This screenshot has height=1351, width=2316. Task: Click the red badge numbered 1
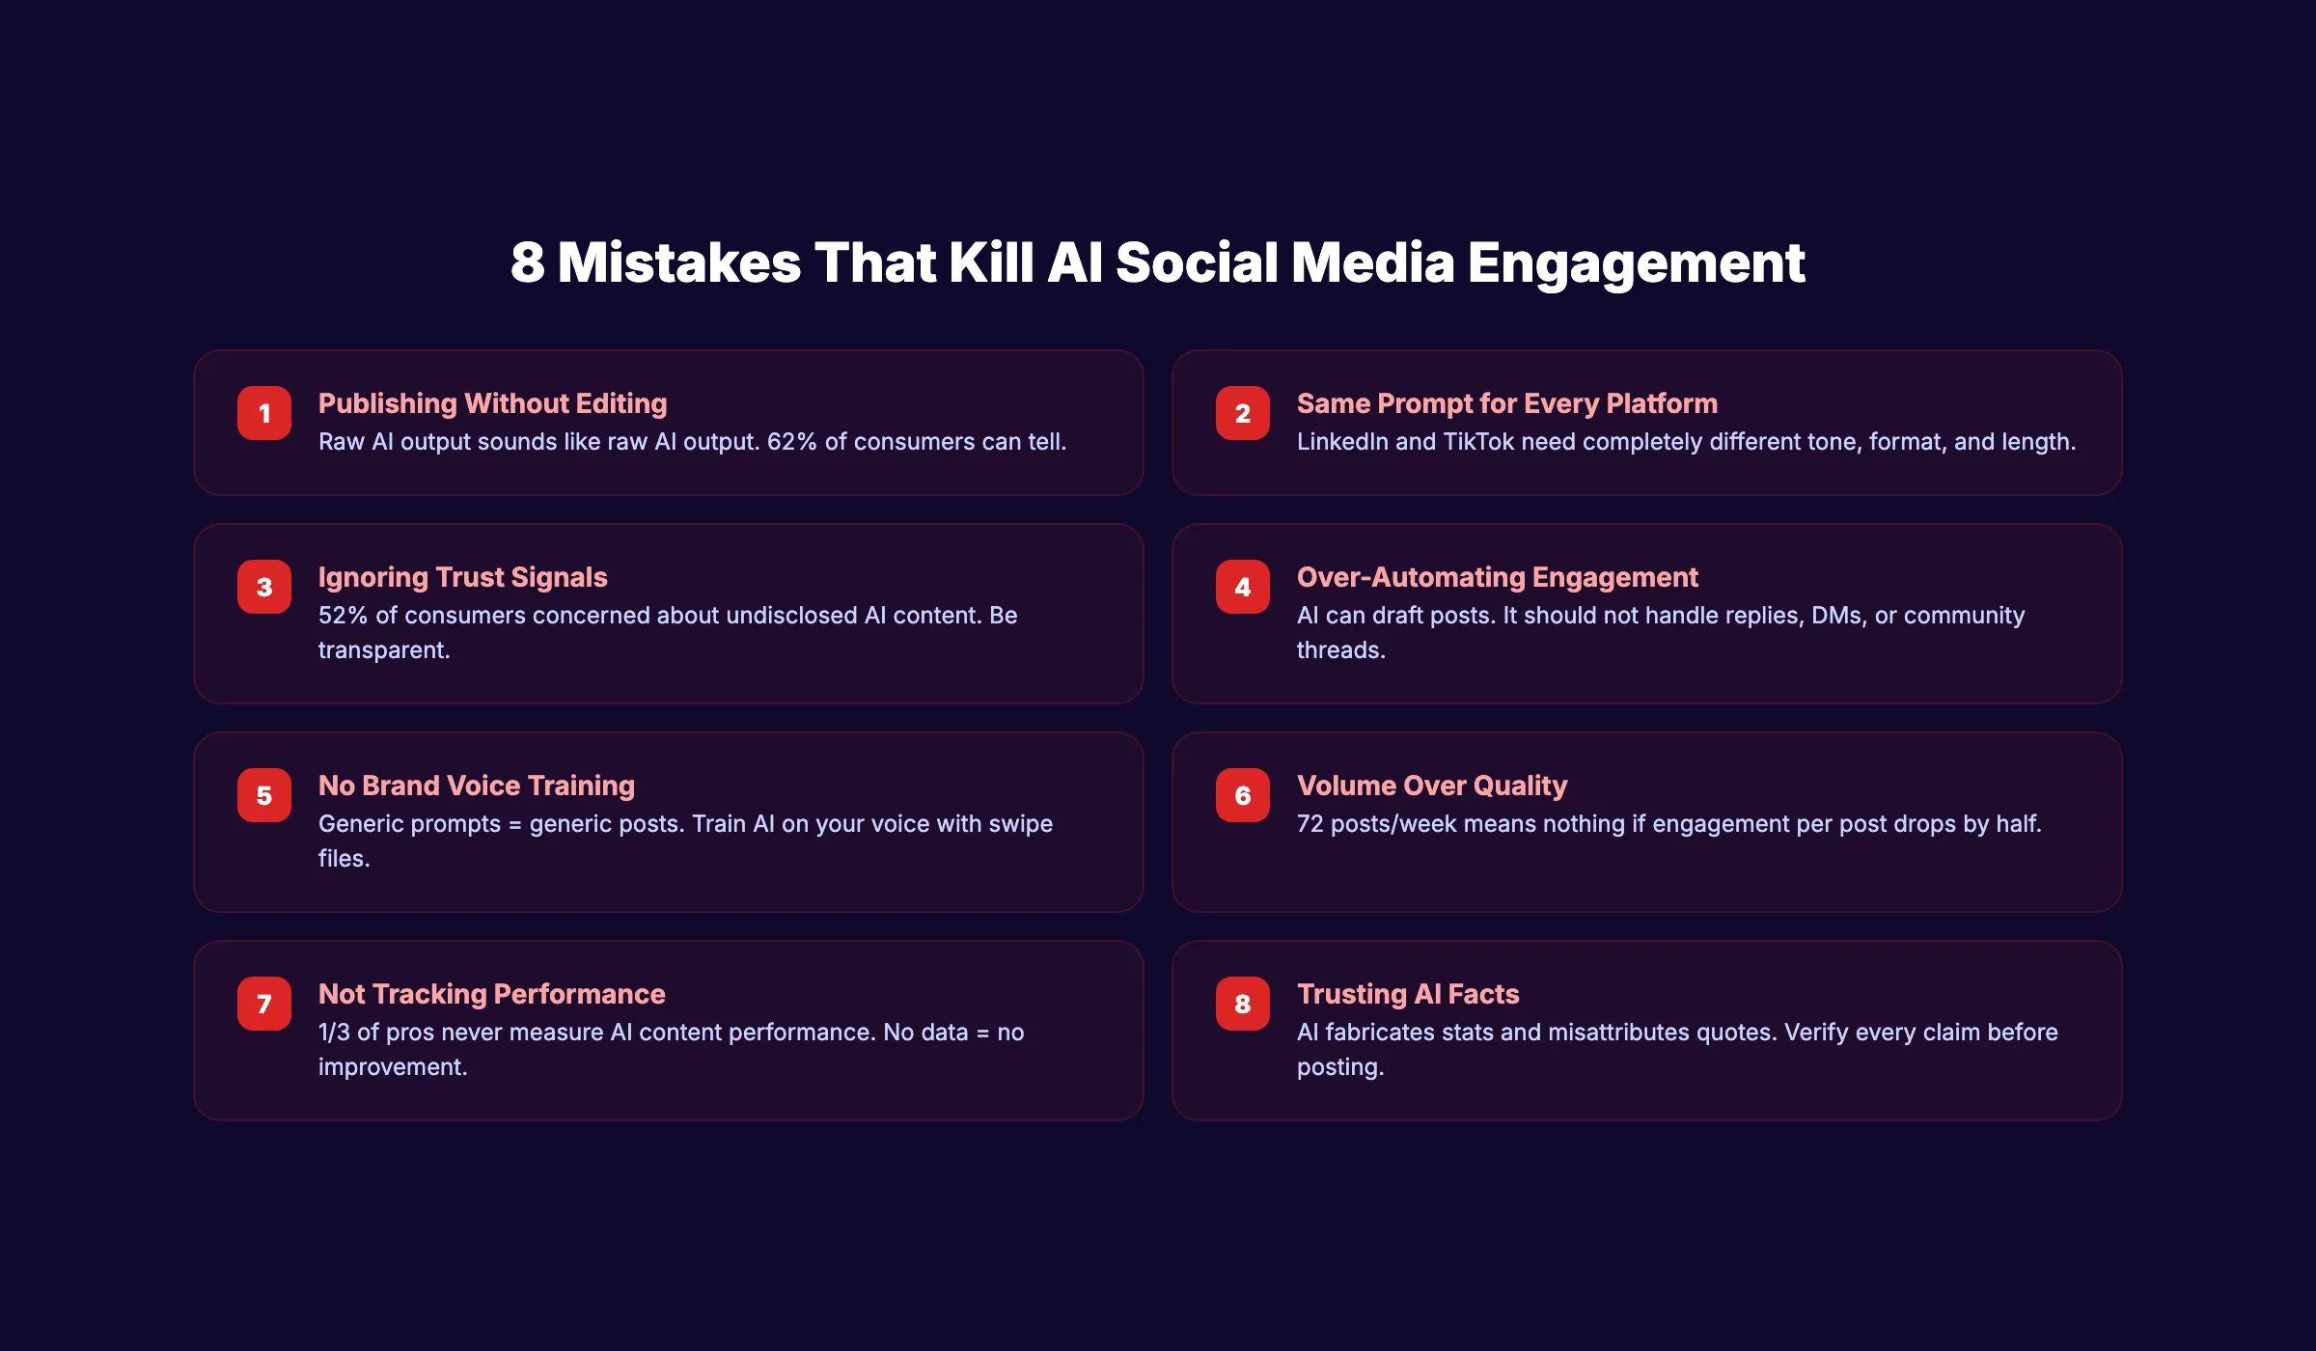264,413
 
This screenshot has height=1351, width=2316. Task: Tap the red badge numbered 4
1243,587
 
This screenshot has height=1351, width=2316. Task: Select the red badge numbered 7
264,1004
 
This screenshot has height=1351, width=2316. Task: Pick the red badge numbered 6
1243,795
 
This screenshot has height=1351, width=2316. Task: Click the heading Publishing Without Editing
492,403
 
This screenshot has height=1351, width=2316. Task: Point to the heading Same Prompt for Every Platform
1506,403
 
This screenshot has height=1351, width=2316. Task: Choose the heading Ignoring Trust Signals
462,577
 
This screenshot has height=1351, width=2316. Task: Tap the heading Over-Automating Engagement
1497,577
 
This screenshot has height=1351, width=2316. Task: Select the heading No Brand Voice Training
476,786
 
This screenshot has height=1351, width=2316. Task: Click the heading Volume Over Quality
1431,786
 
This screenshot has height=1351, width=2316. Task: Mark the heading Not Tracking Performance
491,994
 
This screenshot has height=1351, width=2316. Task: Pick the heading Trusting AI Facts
1407,994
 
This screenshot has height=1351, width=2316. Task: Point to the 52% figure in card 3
343,616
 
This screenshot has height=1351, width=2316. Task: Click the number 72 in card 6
1310,824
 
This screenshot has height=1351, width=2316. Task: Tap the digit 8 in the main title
527,262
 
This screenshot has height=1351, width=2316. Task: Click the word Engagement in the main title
1636,262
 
